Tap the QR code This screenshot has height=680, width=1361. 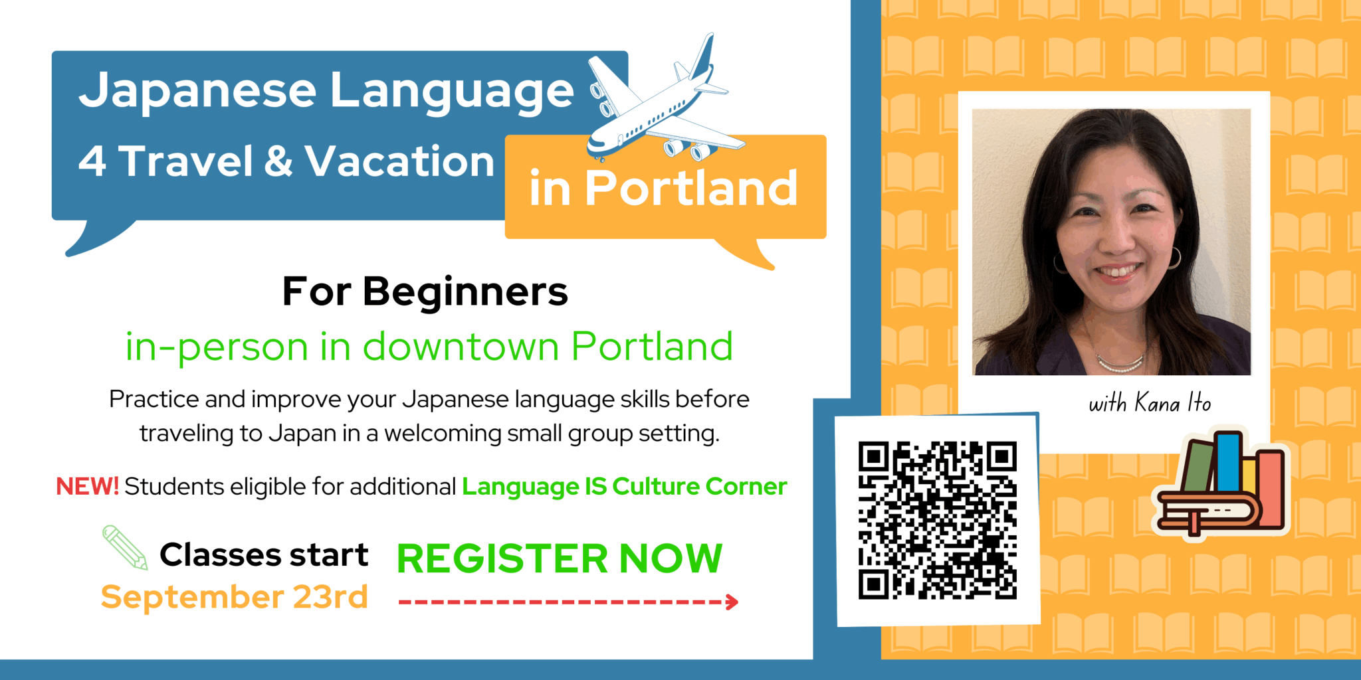(x=937, y=521)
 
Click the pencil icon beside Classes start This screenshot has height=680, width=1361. (x=125, y=547)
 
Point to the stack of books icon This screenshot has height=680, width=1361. (x=1221, y=483)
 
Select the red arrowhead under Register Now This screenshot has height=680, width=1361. (x=732, y=602)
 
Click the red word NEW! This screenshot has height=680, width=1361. (x=87, y=486)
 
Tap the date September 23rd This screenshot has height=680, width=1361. (x=234, y=596)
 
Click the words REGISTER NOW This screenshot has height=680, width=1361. (x=559, y=558)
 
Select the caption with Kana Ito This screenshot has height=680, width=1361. (x=1149, y=402)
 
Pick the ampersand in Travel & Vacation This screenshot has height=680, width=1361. (x=278, y=161)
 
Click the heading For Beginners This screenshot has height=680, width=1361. (x=425, y=292)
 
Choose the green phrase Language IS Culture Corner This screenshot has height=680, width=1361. (x=624, y=486)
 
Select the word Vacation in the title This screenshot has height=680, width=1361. (x=399, y=161)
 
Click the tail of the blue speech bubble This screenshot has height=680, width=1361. (x=97, y=238)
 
